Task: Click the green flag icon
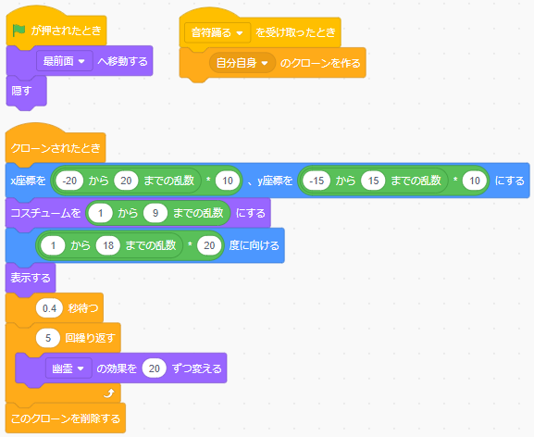pos(19,31)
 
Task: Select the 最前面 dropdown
pos(65,61)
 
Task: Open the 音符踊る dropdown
pos(217,32)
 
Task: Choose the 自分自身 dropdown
pos(242,63)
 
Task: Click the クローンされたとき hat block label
pos(56,148)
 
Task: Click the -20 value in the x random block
pos(69,181)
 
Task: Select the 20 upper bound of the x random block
pos(126,181)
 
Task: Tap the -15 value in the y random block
pos(317,181)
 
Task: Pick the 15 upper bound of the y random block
pos(373,181)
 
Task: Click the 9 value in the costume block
pos(155,213)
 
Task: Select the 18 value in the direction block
pos(108,245)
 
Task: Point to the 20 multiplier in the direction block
pos(209,245)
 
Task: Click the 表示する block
pos(31,278)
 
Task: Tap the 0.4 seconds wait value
pos(49,308)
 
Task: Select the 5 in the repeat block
pos(48,338)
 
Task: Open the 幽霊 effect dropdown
pos(68,368)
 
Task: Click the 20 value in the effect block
pos(155,368)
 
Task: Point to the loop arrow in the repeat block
pos(108,393)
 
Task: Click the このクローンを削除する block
pos(66,418)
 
